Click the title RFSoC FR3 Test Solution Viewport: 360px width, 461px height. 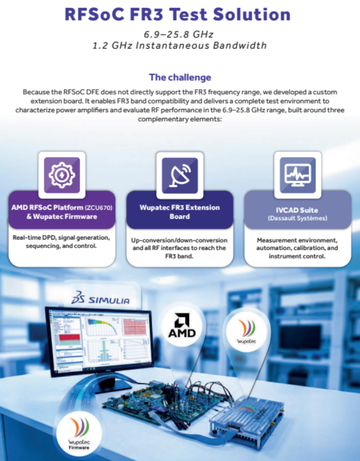pos(177,14)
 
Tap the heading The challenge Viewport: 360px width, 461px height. pos(180,77)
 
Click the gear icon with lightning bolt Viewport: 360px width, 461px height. pos(62,175)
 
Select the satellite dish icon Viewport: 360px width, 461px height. pos(180,176)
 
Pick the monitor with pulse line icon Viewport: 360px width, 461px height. pos(298,175)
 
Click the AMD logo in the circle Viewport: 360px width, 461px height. pos(182,326)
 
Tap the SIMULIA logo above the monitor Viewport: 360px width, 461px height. pos(100,298)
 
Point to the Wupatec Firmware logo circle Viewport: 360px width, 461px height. pos(79,433)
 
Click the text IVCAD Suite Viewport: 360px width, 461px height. pos(297,210)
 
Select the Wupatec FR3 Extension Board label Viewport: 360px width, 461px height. pos(180,212)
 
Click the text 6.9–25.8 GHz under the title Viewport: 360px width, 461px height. pos(178,34)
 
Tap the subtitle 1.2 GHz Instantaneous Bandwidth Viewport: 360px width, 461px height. pos(180,45)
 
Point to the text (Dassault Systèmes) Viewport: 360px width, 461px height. pos(297,218)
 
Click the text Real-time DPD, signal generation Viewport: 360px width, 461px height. pos(61,237)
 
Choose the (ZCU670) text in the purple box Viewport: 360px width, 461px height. pos(99,208)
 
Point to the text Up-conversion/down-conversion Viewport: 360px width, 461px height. pos(179,240)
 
